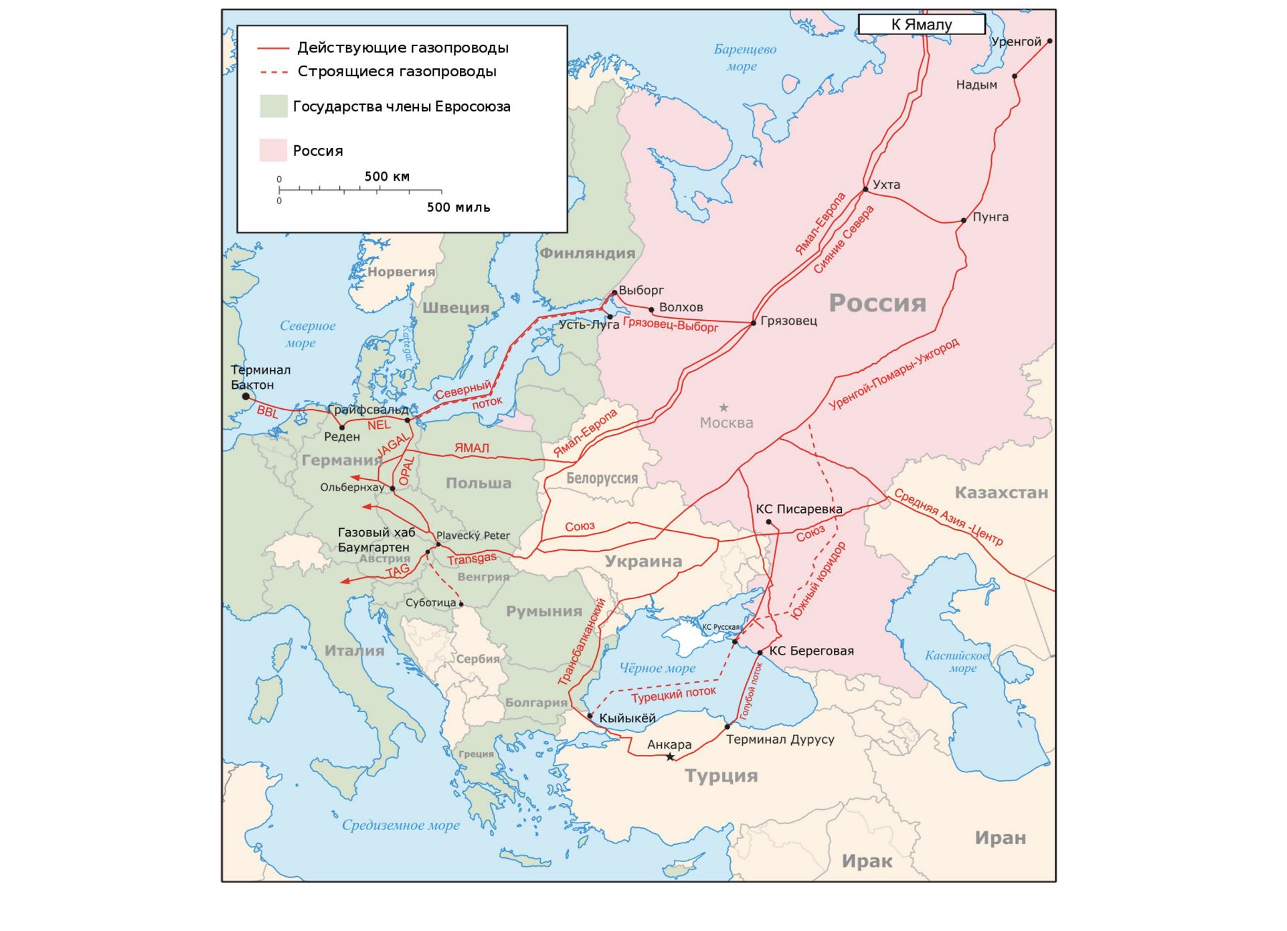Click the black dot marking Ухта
(865, 189)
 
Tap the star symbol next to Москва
(723, 408)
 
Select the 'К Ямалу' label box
(921, 25)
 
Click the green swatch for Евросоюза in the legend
(273, 106)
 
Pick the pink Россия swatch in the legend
(273, 151)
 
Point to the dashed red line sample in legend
(273, 72)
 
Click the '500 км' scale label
(387, 177)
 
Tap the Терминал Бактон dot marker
(246, 396)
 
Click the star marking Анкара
(670, 757)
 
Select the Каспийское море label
(956, 661)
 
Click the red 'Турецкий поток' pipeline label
(673, 694)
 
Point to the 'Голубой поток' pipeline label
(751, 691)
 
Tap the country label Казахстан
(1001, 493)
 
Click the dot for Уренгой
(1049, 41)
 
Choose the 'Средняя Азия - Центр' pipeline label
(948, 517)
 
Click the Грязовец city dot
(754, 323)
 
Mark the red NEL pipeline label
(379, 425)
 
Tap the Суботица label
(430, 603)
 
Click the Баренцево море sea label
(744, 58)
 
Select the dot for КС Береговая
(760, 653)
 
